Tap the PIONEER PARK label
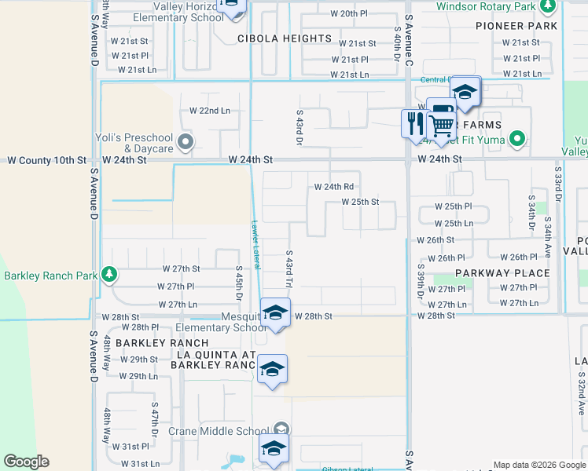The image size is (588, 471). tap(516, 26)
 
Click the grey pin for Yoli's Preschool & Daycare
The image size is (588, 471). tap(186, 142)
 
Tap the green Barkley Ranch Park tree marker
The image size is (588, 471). tap(110, 275)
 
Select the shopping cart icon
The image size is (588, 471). tap(441, 123)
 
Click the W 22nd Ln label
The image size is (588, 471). tap(210, 111)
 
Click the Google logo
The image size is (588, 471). tap(26, 462)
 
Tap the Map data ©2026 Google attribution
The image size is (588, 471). tap(539, 465)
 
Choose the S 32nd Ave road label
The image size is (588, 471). tap(580, 385)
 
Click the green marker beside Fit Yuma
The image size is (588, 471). tap(516, 141)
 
